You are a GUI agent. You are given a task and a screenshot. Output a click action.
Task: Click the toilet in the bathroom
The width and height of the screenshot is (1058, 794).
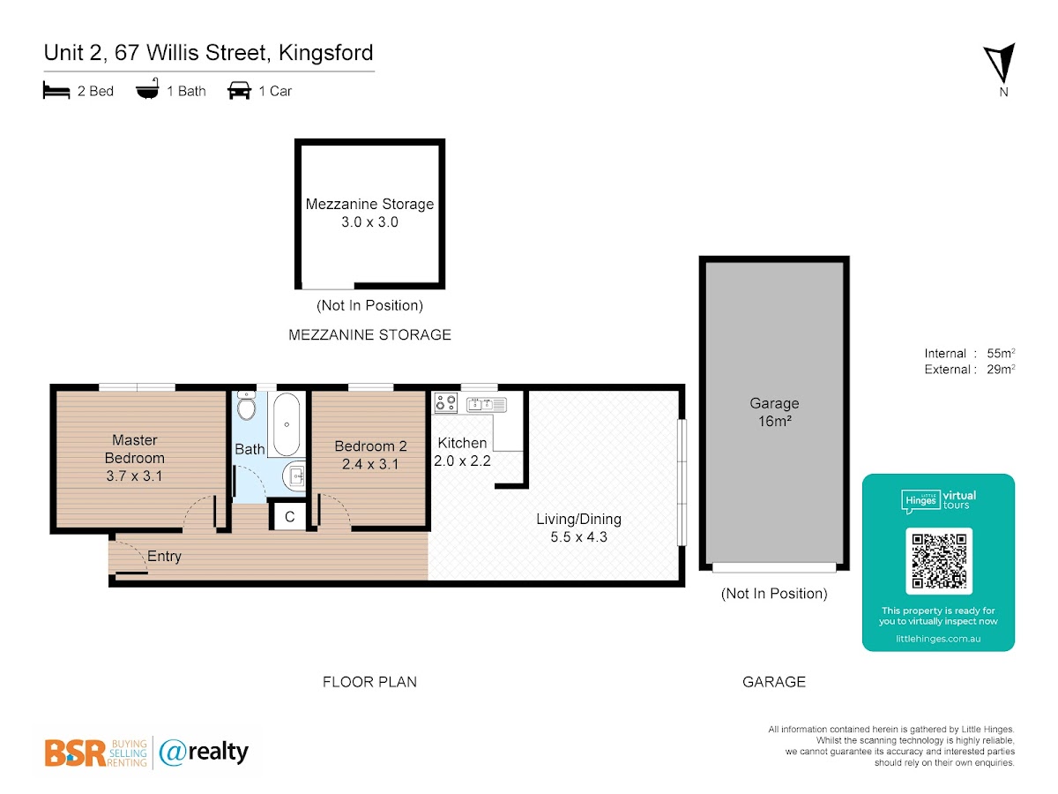(x=246, y=405)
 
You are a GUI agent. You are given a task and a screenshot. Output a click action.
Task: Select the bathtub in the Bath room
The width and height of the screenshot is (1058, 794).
(x=287, y=424)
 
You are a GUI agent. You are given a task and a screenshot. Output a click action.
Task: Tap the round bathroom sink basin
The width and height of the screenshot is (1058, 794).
(x=294, y=476)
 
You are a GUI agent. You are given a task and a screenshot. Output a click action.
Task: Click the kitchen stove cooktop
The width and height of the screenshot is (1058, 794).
(x=445, y=402)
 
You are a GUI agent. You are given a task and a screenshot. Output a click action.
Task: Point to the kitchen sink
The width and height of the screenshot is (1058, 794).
(x=486, y=404)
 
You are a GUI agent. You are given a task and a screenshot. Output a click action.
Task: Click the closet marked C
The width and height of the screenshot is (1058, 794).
(x=289, y=516)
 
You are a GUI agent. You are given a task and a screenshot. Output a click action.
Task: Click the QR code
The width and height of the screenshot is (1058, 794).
(x=938, y=561)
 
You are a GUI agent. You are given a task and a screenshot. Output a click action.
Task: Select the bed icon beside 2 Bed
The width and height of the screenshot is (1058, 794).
(x=56, y=90)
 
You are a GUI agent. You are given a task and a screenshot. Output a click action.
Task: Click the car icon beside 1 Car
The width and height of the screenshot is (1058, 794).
(x=239, y=91)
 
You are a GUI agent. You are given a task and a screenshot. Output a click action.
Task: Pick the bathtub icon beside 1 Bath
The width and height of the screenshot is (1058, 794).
(x=147, y=89)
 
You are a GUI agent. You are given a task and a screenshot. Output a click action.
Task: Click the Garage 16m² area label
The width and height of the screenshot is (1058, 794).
(x=774, y=412)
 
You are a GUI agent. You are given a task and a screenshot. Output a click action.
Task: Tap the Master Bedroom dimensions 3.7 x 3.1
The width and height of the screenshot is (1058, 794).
(x=134, y=476)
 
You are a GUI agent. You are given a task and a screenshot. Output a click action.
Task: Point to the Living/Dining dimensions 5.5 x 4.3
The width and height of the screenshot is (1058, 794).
(x=579, y=536)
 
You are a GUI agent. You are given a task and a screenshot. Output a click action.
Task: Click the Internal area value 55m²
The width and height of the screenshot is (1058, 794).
(x=1001, y=353)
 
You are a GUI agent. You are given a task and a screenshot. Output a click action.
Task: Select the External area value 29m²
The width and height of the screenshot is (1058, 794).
(x=1001, y=370)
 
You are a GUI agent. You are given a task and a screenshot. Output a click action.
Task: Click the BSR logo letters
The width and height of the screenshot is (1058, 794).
(x=75, y=753)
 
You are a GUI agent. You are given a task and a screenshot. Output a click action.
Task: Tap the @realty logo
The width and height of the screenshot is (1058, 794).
(x=204, y=752)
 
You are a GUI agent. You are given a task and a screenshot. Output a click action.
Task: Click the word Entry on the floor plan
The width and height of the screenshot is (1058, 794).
(x=164, y=556)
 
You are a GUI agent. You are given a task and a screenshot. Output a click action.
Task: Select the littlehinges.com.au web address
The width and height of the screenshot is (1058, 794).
(x=938, y=639)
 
